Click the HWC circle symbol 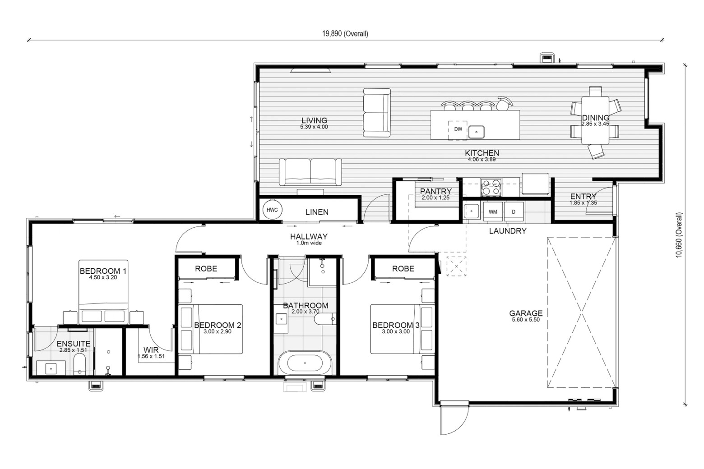coord(272,210)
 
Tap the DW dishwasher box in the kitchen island coord(458,130)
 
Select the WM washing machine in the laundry coord(493,212)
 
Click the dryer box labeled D coord(514,212)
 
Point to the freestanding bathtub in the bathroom coord(305,363)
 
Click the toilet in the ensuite coord(79,364)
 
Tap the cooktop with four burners coord(491,187)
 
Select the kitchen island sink coord(477,132)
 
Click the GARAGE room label coord(526,313)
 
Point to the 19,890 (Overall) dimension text coord(345,34)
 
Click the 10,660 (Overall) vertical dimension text coord(679,235)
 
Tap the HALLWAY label coord(309,237)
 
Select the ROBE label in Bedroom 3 coord(403,269)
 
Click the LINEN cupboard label coord(317,212)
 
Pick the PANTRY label coord(436,191)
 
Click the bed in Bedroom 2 coord(211,329)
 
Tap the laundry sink coord(471,211)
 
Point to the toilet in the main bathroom coord(325,319)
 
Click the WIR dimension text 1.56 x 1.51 coord(151,357)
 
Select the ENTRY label coord(584,196)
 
